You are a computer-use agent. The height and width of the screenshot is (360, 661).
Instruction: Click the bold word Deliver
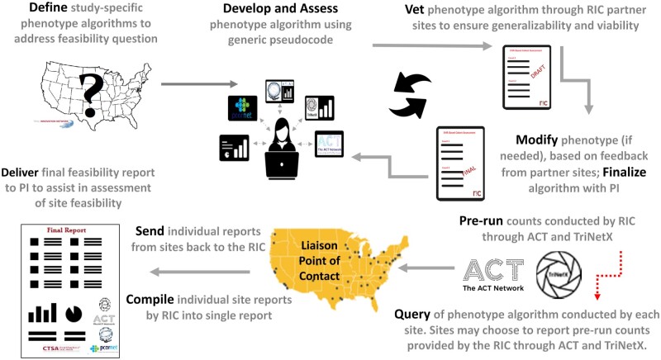pos(26,173)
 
